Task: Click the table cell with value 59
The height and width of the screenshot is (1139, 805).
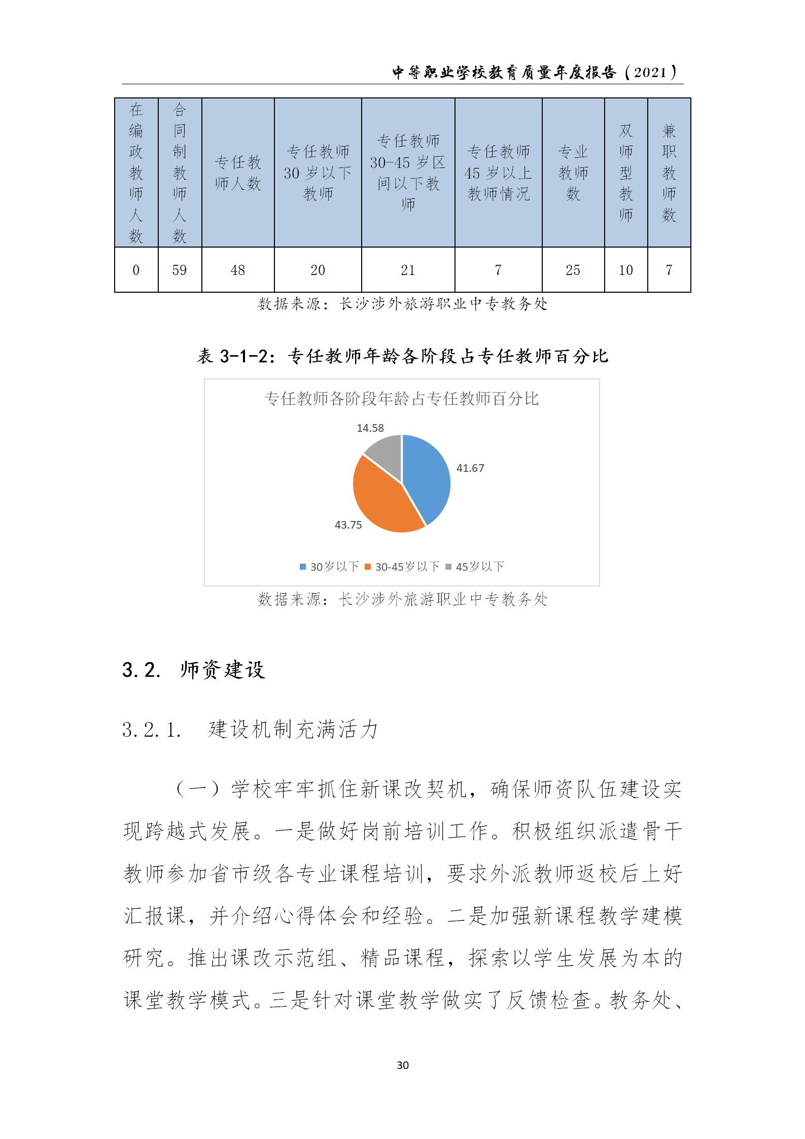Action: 180,270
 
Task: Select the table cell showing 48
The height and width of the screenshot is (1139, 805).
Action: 237,270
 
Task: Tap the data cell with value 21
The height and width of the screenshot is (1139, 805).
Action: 408,270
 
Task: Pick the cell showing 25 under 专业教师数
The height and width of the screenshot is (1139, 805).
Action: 573,270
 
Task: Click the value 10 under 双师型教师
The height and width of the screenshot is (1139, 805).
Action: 625,270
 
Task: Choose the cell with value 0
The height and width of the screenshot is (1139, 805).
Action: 136,270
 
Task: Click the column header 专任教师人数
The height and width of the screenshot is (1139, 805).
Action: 237,172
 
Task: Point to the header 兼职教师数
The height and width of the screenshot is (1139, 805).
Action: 669,172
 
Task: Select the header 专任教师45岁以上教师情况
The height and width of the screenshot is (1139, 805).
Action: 498,172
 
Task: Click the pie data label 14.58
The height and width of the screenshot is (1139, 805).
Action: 370,428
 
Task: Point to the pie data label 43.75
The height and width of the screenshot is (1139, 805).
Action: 348,525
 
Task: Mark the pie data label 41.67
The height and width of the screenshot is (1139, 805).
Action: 470,468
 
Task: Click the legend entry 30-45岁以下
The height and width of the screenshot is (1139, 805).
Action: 403,567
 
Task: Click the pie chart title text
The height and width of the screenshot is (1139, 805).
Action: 401,399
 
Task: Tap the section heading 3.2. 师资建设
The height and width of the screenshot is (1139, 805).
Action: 194,670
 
